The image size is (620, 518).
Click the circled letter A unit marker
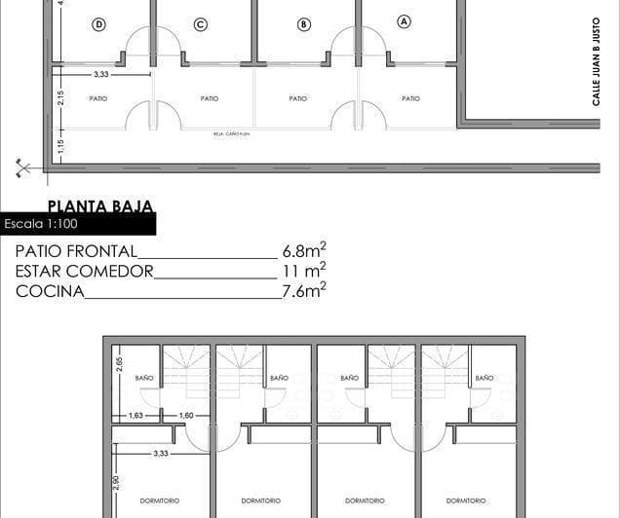coord(405,21)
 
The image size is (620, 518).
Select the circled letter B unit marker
coord(303,23)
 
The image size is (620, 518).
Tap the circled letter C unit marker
coord(200,24)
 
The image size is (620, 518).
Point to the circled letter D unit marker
coord(98,25)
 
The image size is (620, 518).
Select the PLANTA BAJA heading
coord(99,206)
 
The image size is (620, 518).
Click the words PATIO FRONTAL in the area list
coord(76,251)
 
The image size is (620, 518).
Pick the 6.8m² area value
coord(304,250)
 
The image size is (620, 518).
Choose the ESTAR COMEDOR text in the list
coord(85,272)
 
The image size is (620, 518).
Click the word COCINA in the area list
coord(50,291)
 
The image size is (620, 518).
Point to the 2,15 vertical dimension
coord(60,97)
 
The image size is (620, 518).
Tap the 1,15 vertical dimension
coord(60,147)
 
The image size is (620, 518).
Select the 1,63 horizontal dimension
coord(136,415)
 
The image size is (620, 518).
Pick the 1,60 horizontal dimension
coord(187,415)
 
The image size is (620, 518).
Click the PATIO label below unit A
coord(410,98)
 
